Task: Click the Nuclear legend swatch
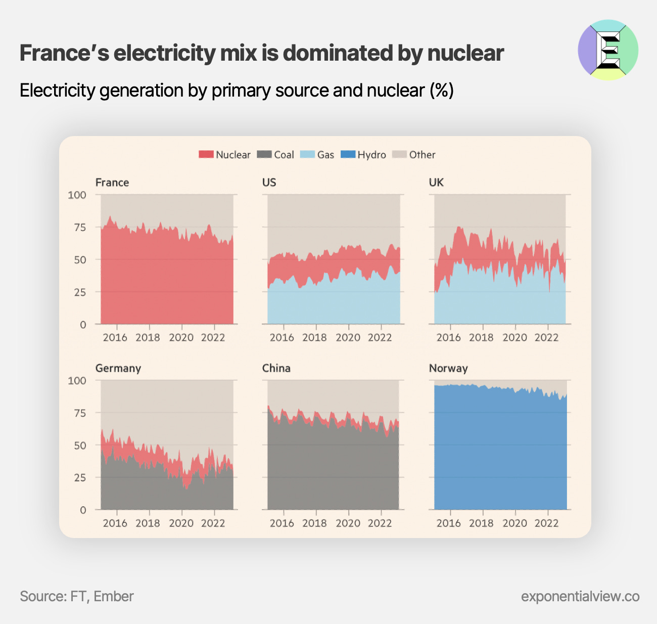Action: click(206, 155)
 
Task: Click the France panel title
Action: click(112, 183)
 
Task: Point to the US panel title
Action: click(269, 183)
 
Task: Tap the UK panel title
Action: click(436, 183)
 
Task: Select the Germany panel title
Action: click(118, 368)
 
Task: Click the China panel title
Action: click(276, 368)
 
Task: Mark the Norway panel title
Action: click(448, 368)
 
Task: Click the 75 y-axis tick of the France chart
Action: click(80, 228)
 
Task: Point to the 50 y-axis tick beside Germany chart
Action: click(80, 445)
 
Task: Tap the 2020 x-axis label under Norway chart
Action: click(514, 523)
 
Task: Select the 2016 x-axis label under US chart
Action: click(281, 337)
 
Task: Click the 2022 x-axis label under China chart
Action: click(380, 523)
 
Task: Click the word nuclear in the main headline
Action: click(465, 53)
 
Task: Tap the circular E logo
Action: click(608, 50)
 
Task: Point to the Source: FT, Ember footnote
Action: click(77, 596)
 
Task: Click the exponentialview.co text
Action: click(580, 596)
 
